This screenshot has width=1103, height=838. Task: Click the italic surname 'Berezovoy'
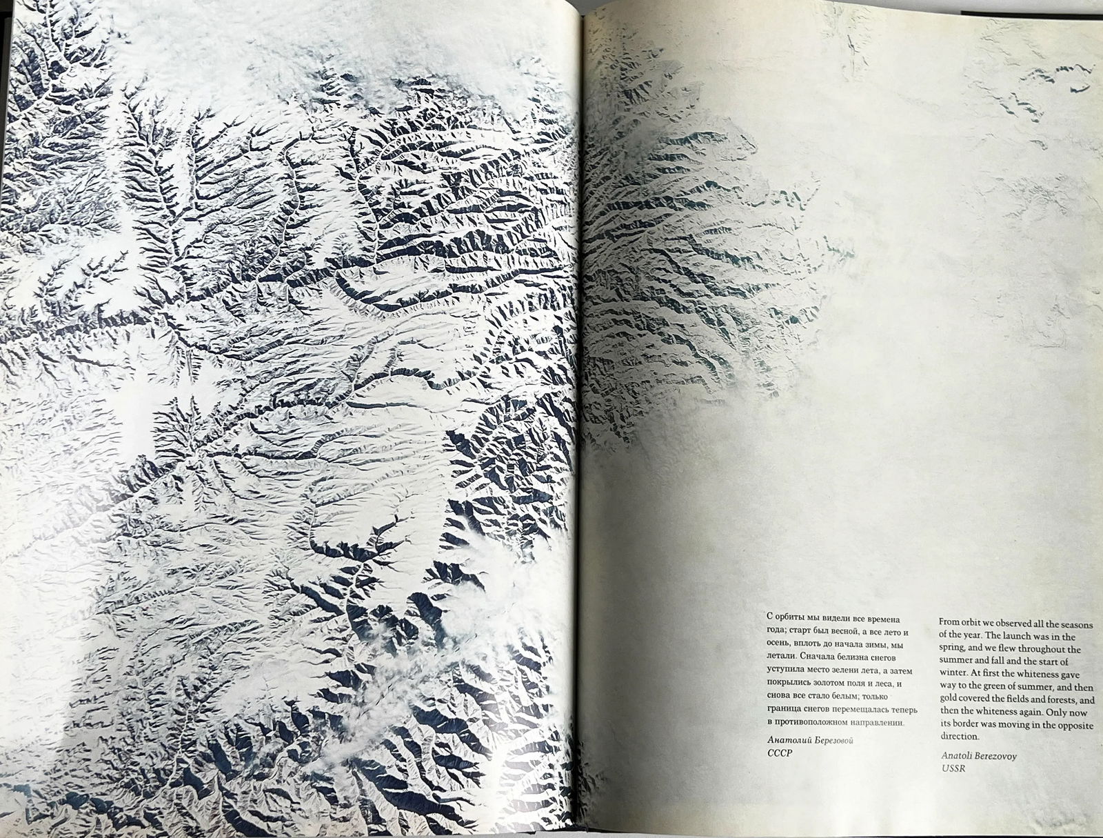tap(992, 755)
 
